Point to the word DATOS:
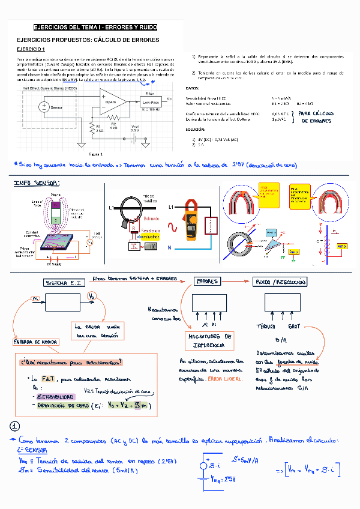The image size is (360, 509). pos(193,88)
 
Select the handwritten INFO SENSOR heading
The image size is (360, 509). pos(37,184)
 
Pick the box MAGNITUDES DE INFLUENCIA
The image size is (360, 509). pos(209,341)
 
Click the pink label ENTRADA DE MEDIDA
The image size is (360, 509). pos(35,342)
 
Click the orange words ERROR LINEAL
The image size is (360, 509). pos(225,379)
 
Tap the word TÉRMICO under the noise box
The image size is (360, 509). pos(266,327)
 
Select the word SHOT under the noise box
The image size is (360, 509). pos(294,327)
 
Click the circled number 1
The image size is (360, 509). pos(16,426)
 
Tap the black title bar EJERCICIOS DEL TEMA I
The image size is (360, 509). pos(95,28)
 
